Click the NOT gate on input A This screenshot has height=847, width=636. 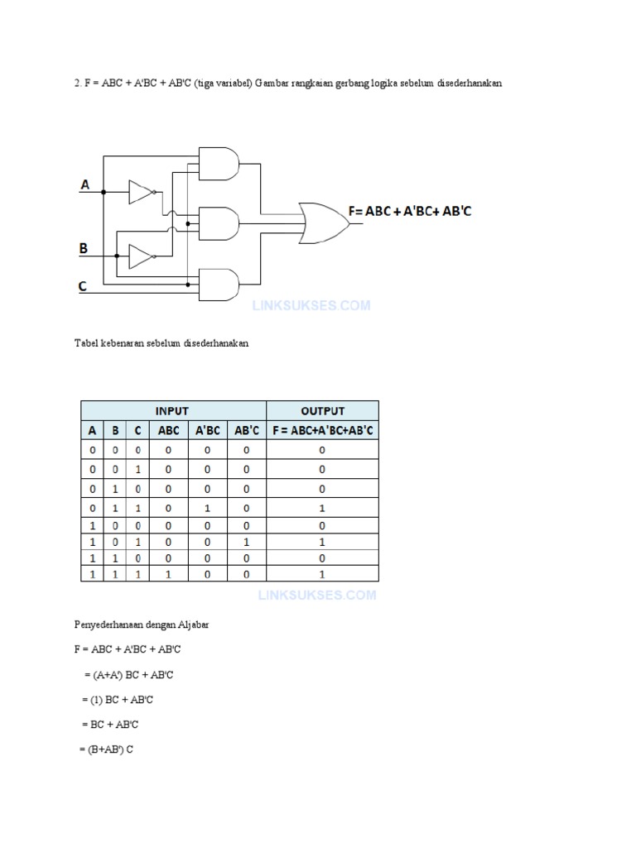tap(141, 193)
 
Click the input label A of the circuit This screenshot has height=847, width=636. tap(84, 185)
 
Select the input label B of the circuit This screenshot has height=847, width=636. tap(84, 247)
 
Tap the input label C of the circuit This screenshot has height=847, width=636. tap(83, 286)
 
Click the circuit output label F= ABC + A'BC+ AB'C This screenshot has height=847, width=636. tap(410, 212)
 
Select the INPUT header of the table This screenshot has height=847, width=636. tap(172, 410)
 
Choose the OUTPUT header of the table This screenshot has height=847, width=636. tap(322, 410)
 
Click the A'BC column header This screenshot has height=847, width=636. tap(207, 430)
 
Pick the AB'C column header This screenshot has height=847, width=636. tap(247, 430)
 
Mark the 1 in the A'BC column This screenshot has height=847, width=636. tap(207, 508)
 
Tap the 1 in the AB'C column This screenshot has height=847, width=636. tap(247, 542)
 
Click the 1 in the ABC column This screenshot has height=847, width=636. tap(168, 574)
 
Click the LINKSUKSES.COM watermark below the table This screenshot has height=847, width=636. tap(317, 595)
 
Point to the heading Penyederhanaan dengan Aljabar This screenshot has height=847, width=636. tap(142, 625)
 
